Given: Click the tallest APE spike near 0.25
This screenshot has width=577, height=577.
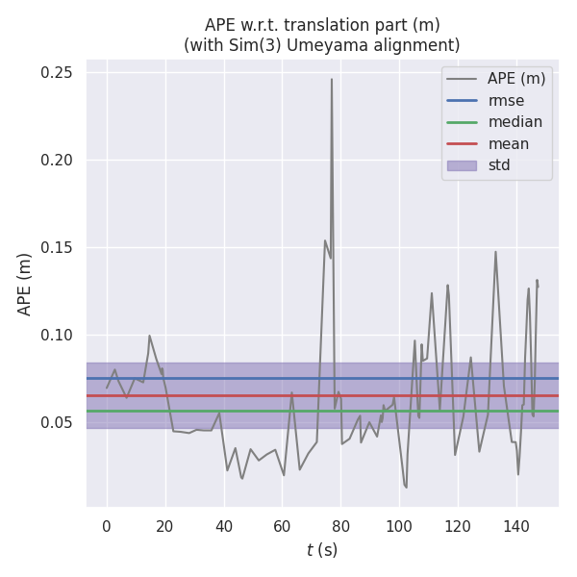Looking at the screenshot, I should pyautogui.click(x=332, y=79).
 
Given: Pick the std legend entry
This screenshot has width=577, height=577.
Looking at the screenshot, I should pyautogui.click(x=499, y=165).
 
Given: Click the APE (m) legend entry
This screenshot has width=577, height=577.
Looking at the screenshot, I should pyautogui.click(x=516, y=79).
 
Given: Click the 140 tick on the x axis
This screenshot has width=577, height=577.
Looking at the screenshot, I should pyautogui.click(x=516, y=526).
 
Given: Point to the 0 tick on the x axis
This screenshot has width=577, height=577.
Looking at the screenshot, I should pyautogui.click(x=107, y=526).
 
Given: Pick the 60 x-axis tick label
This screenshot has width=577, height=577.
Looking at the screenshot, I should pyautogui.click(x=283, y=526).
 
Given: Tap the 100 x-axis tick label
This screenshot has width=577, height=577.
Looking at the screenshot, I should pyautogui.click(x=399, y=526).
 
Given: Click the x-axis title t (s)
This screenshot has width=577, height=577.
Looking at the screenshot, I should pyautogui.click(x=322, y=550).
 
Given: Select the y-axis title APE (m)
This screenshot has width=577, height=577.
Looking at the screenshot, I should pyautogui.click(x=25, y=284).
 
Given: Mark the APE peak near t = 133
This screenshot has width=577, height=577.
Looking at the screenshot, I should pyautogui.click(x=495, y=252).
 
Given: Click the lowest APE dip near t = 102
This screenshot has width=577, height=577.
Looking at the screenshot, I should pyautogui.click(x=406, y=488).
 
